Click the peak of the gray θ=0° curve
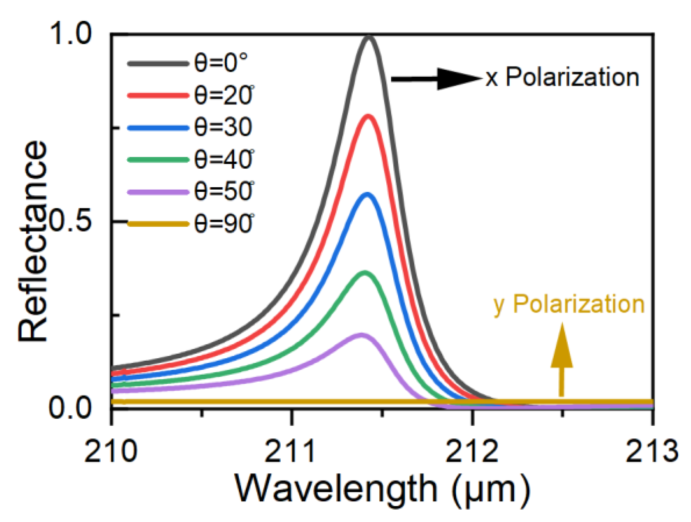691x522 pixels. [x=369, y=38]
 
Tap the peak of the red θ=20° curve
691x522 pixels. [x=368, y=116]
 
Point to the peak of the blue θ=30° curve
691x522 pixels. [x=367, y=194]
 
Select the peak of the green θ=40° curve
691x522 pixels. [x=364, y=272]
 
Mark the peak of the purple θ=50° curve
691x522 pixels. [x=361, y=335]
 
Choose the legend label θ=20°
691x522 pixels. [x=224, y=95]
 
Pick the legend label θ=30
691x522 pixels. [x=223, y=127]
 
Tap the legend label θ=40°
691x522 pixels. [x=224, y=159]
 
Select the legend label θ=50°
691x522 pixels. [x=224, y=192]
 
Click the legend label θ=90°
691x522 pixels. [x=224, y=224]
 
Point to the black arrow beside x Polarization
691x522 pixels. [x=437, y=79]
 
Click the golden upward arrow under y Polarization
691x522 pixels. [x=561, y=360]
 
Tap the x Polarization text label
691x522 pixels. [x=563, y=77]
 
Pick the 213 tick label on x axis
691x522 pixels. [x=652, y=451]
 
